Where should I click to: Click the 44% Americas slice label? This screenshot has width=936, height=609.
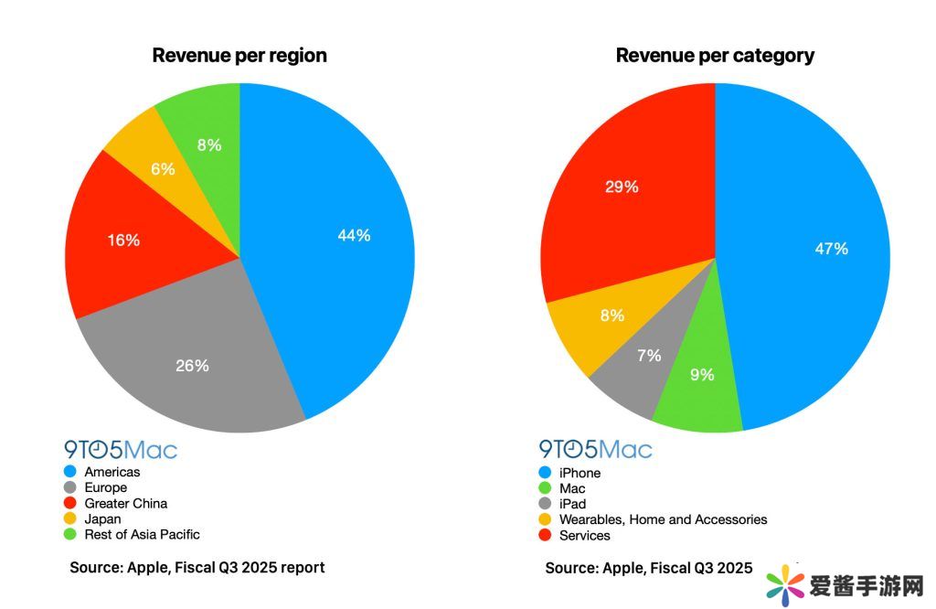(353, 235)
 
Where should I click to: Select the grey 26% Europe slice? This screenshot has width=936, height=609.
(193, 365)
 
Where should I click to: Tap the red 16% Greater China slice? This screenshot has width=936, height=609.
(122, 240)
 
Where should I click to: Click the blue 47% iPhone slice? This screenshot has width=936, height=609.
(831, 248)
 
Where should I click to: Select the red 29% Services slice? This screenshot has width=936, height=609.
(622, 187)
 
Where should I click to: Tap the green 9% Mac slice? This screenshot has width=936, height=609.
(702, 374)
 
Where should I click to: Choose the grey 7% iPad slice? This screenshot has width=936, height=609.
(648, 356)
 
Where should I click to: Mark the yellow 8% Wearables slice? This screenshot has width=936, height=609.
(611, 316)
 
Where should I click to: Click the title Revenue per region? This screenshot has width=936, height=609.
(239, 55)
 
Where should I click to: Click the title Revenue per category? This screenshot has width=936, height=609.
(715, 55)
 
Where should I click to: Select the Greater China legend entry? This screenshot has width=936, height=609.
(125, 503)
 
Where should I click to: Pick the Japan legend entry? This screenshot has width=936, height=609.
(102, 518)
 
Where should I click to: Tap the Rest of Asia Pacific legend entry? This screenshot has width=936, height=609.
(142, 534)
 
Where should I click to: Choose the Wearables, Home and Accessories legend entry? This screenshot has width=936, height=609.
(663, 519)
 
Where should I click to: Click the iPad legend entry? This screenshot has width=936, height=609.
(572, 504)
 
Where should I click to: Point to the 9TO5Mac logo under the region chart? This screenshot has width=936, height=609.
(121, 449)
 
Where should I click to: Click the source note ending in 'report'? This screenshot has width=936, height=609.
(197, 567)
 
